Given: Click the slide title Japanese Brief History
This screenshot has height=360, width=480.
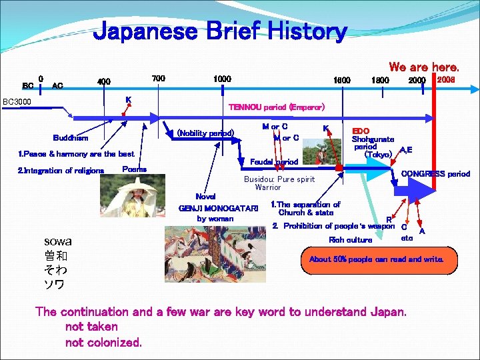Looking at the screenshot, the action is [x=220, y=31].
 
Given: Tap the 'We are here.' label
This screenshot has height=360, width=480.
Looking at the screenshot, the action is [x=424, y=67].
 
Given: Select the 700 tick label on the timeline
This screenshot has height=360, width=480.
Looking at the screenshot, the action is [x=159, y=79].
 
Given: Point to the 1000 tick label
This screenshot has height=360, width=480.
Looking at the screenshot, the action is [x=222, y=79].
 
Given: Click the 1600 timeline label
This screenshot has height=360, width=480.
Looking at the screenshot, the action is [x=342, y=80].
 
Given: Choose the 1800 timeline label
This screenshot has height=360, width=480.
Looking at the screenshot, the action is [x=381, y=80].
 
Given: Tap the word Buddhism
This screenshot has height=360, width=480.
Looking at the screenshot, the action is [x=70, y=138].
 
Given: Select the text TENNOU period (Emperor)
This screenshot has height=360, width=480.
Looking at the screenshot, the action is [x=277, y=107].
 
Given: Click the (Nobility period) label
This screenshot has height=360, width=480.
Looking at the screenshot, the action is [x=205, y=133].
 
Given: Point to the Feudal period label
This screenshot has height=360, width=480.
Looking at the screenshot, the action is [x=274, y=161].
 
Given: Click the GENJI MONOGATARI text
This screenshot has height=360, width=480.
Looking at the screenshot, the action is [x=218, y=208].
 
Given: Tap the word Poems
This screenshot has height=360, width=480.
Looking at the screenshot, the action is [x=135, y=169].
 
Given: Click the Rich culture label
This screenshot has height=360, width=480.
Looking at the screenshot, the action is [x=351, y=240].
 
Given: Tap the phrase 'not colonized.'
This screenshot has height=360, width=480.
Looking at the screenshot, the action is [x=103, y=343].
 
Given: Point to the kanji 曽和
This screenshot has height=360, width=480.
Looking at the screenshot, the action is [x=57, y=256].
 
